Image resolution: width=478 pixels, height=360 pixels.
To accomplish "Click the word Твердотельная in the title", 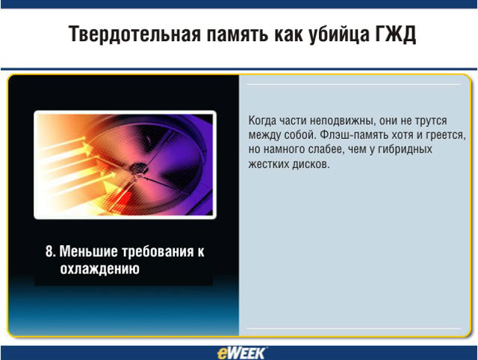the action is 134,34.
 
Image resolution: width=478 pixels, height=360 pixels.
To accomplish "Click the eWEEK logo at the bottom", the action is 241,353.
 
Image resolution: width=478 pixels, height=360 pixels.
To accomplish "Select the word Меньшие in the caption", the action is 88,252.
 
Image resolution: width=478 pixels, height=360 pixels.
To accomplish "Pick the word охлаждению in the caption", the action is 99,269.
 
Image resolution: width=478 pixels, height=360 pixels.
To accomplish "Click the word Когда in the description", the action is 262,121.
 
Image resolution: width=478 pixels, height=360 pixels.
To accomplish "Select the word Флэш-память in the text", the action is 353,135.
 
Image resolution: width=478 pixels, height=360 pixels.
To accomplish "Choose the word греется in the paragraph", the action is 444,135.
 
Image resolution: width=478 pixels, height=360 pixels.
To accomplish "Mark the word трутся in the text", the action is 431,121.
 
